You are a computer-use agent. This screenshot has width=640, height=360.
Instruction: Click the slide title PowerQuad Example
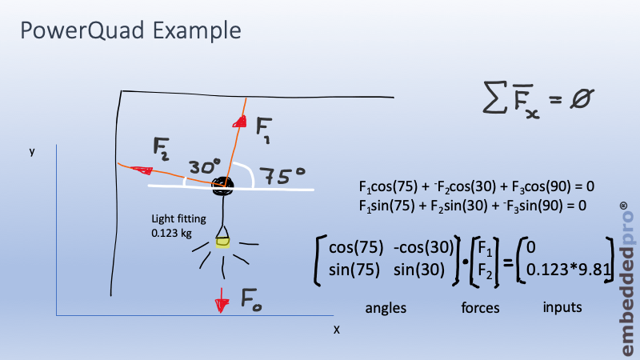[130, 31]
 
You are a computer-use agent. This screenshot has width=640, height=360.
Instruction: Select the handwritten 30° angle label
[204, 167]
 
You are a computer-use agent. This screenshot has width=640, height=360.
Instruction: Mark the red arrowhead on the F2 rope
[143, 170]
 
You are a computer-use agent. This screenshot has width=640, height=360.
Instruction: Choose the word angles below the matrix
[385, 307]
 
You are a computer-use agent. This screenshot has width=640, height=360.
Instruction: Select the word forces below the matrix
[482, 307]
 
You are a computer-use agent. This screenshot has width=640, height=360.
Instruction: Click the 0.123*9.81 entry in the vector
[564, 270]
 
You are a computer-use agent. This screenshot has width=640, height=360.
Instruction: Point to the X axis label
[336, 329]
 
